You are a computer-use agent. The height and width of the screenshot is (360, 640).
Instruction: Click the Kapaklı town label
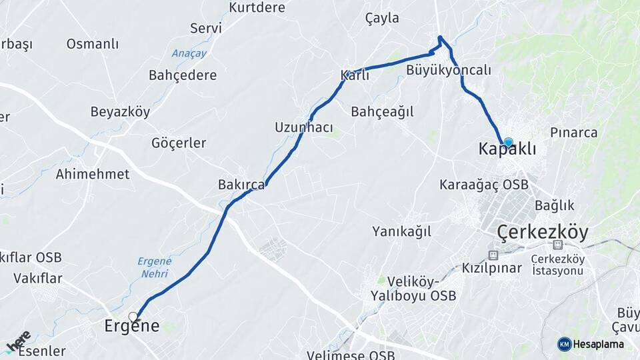coord(507,149)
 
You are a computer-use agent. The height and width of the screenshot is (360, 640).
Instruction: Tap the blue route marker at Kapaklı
coord(508,142)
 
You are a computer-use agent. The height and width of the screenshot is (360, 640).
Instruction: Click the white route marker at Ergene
coord(133,317)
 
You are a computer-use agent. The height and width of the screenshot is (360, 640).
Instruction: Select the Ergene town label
coord(132,327)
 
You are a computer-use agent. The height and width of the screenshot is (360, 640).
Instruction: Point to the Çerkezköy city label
coord(543,233)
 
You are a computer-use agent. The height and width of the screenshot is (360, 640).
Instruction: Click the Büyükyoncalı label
coord(448,70)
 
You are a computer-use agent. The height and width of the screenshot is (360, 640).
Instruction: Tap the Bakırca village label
coord(241,185)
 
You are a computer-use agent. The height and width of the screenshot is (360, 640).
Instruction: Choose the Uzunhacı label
coord(303,127)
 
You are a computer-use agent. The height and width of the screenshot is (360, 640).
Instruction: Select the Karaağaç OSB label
coord(483,184)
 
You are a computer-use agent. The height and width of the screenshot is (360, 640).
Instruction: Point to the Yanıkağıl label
coord(401,231)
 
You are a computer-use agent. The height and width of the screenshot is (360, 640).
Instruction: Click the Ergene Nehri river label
coord(155,267)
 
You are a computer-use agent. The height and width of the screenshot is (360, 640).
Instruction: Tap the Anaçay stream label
coord(189,53)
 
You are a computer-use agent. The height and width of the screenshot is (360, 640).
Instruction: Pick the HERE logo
coord(18,341)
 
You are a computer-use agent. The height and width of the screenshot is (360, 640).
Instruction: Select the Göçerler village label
coord(179,143)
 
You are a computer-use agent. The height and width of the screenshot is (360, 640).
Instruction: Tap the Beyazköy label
coord(120,112)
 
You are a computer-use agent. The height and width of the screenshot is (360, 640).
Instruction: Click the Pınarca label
coord(573,132)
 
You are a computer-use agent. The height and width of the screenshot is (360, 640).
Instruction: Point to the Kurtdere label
coord(257,7)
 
